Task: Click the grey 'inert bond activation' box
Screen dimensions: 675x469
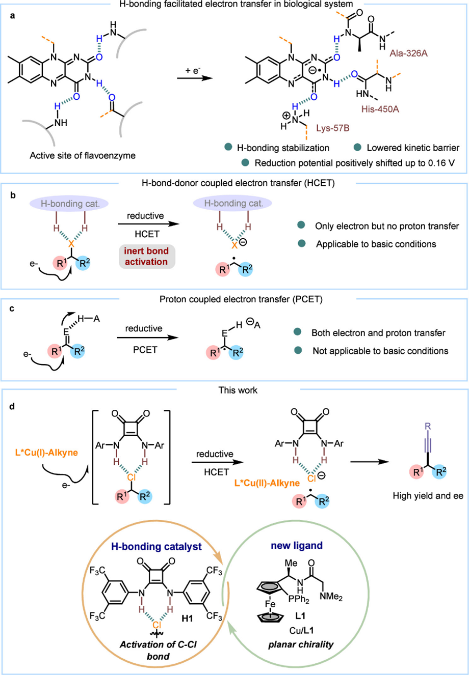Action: point(146,257)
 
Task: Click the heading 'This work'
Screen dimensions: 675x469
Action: point(238,390)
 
